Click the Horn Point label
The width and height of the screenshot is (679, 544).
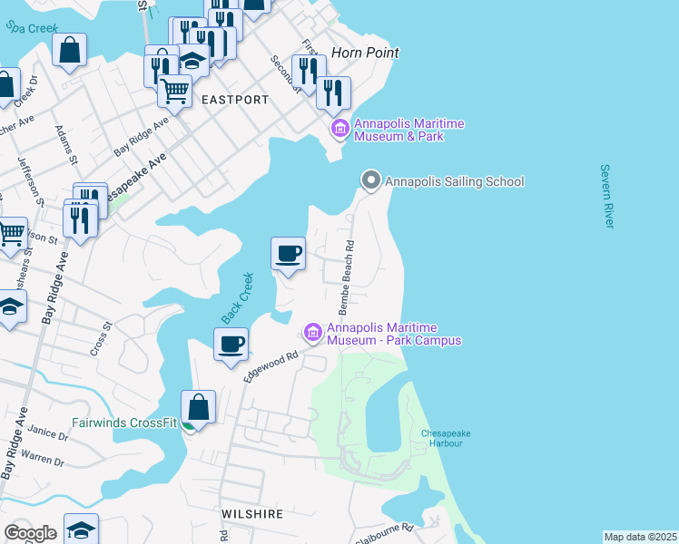pos(365,53)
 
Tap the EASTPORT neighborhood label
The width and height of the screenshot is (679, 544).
pos(235,99)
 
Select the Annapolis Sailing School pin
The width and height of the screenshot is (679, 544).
pos(370,181)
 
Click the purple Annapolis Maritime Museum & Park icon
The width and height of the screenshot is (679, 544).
pos(340,130)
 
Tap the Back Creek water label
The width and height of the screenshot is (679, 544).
pos(235,298)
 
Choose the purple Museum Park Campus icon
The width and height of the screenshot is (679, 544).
pos(313,334)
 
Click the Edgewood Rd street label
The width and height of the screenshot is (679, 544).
pos(271,366)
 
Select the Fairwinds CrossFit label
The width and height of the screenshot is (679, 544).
pos(124,423)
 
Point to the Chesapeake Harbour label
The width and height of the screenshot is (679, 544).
pos(445,439)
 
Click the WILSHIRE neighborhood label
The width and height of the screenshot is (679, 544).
pos(252,514)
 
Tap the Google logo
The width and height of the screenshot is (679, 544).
pos(31,532)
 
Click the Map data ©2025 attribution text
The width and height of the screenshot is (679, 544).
pos(640,537)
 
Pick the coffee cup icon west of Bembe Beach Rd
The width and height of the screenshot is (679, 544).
pos(289,253)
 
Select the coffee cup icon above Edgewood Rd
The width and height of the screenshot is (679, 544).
pos(231,345)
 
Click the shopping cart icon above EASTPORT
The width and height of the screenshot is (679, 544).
pos(174,90)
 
